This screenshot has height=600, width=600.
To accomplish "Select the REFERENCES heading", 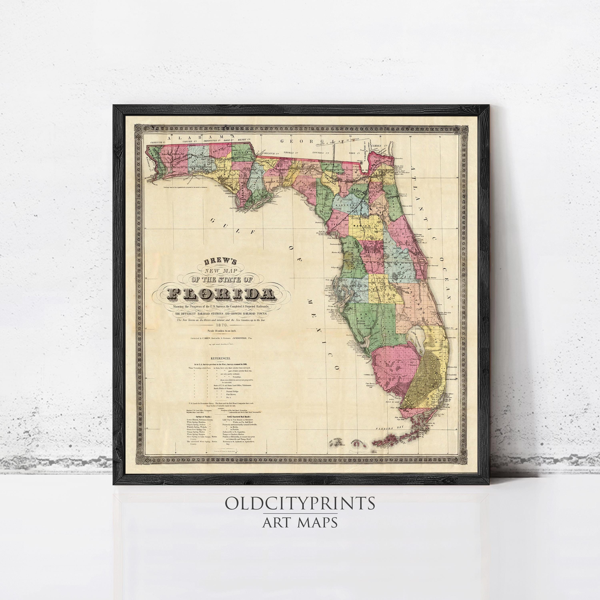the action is (220, 358).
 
